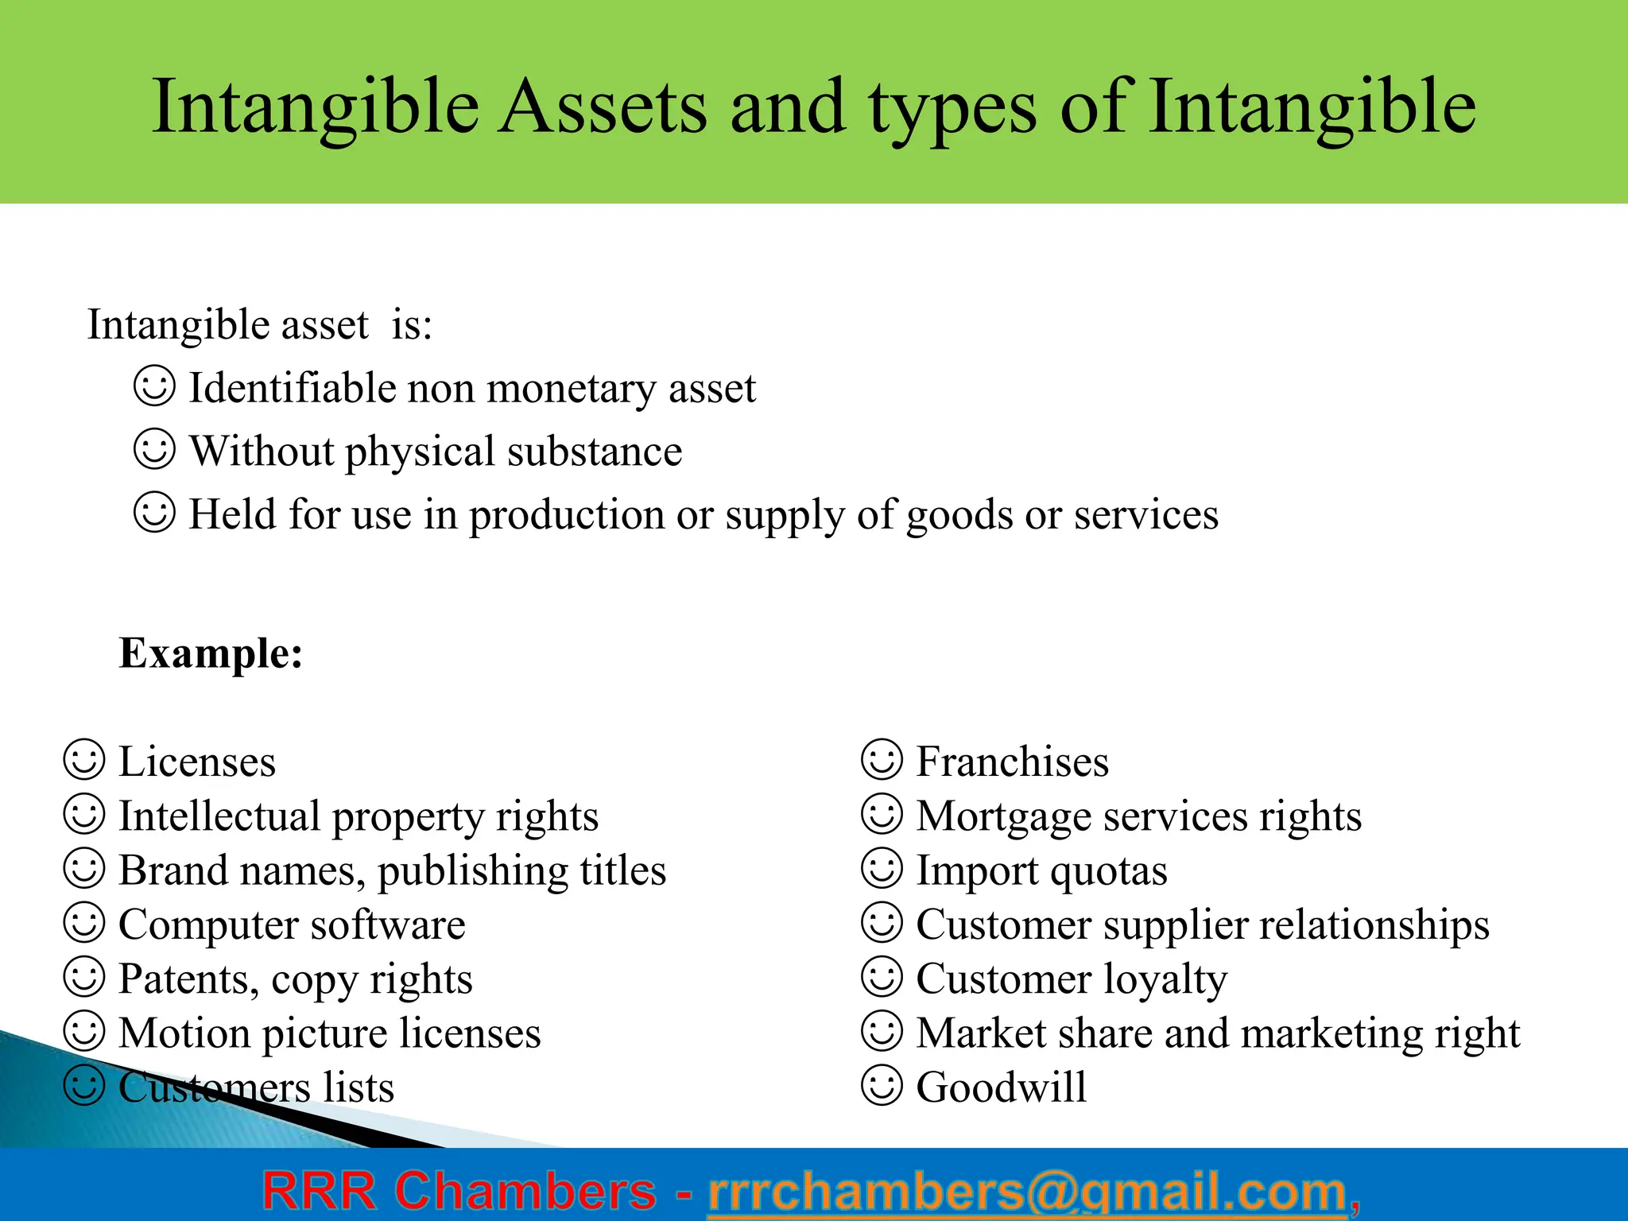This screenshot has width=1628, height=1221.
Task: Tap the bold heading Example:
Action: (x=211, y=653)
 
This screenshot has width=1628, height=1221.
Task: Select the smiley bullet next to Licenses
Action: (x=84, y=760)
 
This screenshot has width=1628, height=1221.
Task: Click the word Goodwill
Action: (x=1001, y=1087)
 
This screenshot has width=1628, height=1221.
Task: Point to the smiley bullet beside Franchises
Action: (x=882, y=760)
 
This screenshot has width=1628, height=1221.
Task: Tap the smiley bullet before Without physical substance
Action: (x=153, y=449)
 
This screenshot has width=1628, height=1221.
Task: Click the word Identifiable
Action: (x=292, y=389)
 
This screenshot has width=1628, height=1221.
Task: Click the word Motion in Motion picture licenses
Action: (x=184, y=1033)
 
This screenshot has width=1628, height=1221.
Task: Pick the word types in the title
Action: (x=952, y=108)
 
